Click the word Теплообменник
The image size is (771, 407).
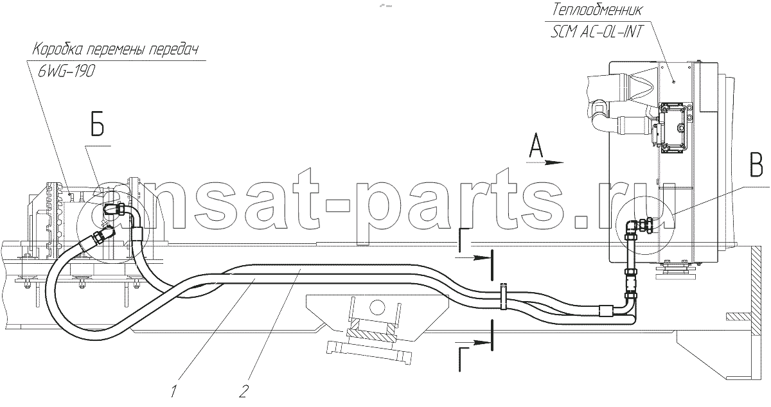tap(597, 10)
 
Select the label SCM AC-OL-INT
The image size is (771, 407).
tap(596, 32)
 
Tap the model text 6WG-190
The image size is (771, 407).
tap(66, 71)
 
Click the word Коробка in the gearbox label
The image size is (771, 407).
tap(57, 49)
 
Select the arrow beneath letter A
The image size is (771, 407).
tap(545, 162)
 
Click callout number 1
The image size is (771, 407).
tap(174, 391)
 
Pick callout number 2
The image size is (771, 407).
tap(244, 391)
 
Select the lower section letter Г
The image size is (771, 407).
tap(465, 359)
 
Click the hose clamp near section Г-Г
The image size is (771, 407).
tap(503, 296)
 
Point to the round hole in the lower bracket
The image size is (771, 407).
tap(377, 306)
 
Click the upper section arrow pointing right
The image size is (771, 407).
tap(474, 257)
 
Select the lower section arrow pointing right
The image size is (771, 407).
tap(474, 343)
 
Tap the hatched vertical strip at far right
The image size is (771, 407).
tap(756, 291)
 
